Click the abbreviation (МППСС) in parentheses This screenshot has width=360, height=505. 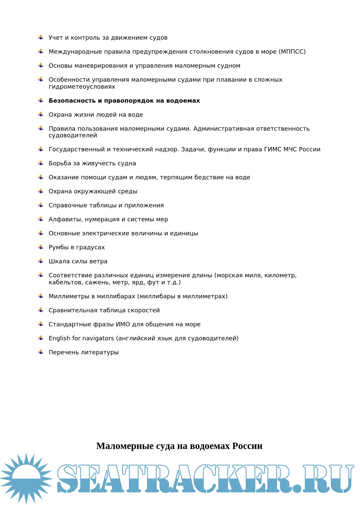292,52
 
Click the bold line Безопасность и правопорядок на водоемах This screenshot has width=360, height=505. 124,101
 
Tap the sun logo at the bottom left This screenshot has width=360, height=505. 26,478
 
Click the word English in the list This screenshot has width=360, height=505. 59,338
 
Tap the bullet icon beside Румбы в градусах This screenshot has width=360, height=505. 41,247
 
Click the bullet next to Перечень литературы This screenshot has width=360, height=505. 41,352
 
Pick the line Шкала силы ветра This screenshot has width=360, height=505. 78,261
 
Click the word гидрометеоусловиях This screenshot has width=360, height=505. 82,87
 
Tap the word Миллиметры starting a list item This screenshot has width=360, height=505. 69,296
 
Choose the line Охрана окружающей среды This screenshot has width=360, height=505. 93,191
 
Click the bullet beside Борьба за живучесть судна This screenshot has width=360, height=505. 41,163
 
